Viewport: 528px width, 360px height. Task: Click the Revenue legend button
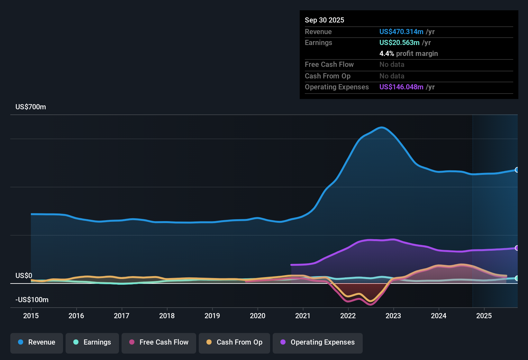pyautogui.click(x=37, y=343)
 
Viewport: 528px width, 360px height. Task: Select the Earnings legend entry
pyautogui.click(x=92, y=343)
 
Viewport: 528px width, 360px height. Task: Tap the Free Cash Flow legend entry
pyautogui.click(x=159, y=343)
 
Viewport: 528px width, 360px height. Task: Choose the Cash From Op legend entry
pyautogui.click(x=234, y=343)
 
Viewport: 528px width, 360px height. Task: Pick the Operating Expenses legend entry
pyautogui.click(x=318, y=343)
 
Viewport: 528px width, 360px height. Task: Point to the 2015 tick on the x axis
pyautogui.click(x=31, y=316)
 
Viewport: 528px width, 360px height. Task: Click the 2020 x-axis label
pyautogui.click(x=258, y=316)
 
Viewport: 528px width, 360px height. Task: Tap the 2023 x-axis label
pyautogui.click(x=393, y=316)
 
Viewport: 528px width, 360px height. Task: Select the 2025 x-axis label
pyautogui.click(x=484, y=316)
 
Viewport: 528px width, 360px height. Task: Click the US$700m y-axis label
pyautogui.click(x=31, y=107)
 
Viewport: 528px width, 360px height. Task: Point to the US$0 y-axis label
pyautogui.click(x=24, y=276)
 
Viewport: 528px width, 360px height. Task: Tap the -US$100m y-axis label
pyautogui.click(x=32, y=300)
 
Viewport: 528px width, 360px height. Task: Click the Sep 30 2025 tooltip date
pyautogui.click(x=324, y=20)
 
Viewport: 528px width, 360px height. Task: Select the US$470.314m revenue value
pyautogui.click(x=401, y=32)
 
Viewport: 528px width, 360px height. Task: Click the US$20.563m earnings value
pyautogui.click(x=399, y=43)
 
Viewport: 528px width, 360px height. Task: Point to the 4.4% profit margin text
pyautogui.click(x=408, y=54)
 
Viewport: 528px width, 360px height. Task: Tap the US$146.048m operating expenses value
pyautogui.click(x=401, y=87)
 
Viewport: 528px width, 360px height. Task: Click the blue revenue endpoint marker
pyautogui.click(x=517, y=170)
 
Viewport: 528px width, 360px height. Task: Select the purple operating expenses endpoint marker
pyautogui.click(x=517, y=248)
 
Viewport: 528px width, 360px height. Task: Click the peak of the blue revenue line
pyautogui.click(x=381, y=128)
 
